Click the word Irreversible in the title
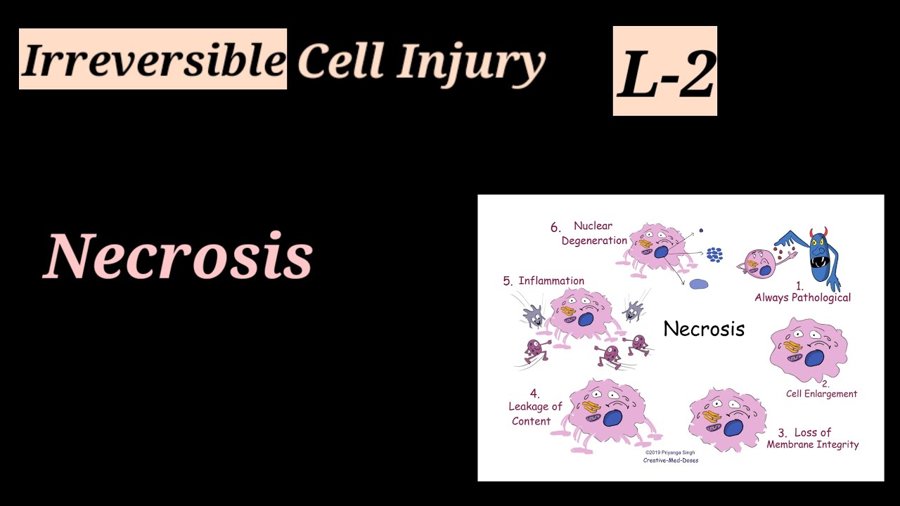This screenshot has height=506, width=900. coord(153,60)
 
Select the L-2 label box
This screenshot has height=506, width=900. coord(664,71)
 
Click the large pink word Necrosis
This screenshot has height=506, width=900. coord(179,257)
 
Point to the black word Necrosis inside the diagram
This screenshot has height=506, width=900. coord(704,329)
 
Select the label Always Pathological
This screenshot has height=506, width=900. coord(802,297)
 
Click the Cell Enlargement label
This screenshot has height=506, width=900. coord(821,394)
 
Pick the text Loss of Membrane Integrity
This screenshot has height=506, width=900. coord(813,439)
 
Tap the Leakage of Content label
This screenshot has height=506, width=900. coord(535,407)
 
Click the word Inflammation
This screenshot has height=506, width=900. coord(551,281)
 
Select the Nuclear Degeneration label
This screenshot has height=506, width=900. coord(593,233)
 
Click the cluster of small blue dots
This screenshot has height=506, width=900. coord(714,254)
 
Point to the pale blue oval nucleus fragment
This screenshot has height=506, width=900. coord(698,284)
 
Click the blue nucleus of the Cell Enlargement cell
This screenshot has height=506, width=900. coord(815,359)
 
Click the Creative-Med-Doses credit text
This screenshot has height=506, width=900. coord(670,461)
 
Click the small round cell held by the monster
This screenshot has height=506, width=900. coord(757,264)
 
